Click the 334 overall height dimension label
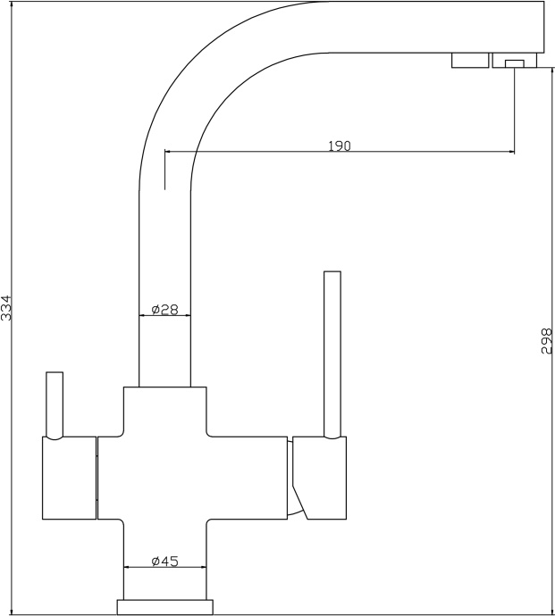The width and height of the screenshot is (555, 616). click(7, 308)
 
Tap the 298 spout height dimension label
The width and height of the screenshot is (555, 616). click(547, 341)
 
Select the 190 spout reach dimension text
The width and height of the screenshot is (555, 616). click(340, 146)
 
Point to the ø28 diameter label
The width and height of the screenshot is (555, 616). click(164, 310)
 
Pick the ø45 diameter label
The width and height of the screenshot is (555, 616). click(164, 561)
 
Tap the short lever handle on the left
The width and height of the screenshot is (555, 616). click(55, 405)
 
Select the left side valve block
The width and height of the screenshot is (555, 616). click(69, 478)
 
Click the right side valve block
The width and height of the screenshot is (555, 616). click(319, 478)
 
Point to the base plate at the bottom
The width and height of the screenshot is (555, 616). click(164, 606)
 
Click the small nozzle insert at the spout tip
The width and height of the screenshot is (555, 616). click(515, 63)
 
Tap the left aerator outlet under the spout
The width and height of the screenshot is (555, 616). click(470, 60)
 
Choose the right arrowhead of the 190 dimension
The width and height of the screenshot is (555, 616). click(511, 151)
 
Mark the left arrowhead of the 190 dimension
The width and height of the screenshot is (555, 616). click(168, 151)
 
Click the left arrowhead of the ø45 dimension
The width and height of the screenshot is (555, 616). click(128, 567)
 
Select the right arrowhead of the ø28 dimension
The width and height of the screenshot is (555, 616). click(187, 315)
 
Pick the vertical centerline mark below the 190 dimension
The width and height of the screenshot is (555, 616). click(164, 170)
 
